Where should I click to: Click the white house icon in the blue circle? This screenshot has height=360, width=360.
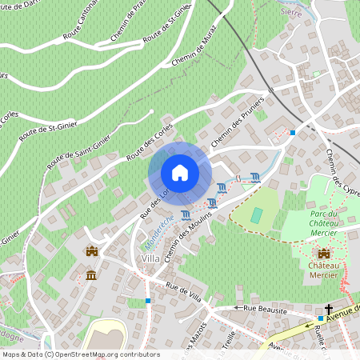pos(180,173)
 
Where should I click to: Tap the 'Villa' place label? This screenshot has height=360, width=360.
pos(150,258)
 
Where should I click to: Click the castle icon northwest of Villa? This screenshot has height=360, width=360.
pos(91,251)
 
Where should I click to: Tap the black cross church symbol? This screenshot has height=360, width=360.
pos(328,309)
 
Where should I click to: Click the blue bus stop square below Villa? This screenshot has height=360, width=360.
pos(148,301)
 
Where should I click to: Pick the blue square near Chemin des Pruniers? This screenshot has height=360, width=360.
pos(293,132)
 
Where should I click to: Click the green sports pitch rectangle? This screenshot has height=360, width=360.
pos(256,215)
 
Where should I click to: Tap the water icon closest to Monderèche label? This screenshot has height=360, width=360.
pos(186,214)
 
